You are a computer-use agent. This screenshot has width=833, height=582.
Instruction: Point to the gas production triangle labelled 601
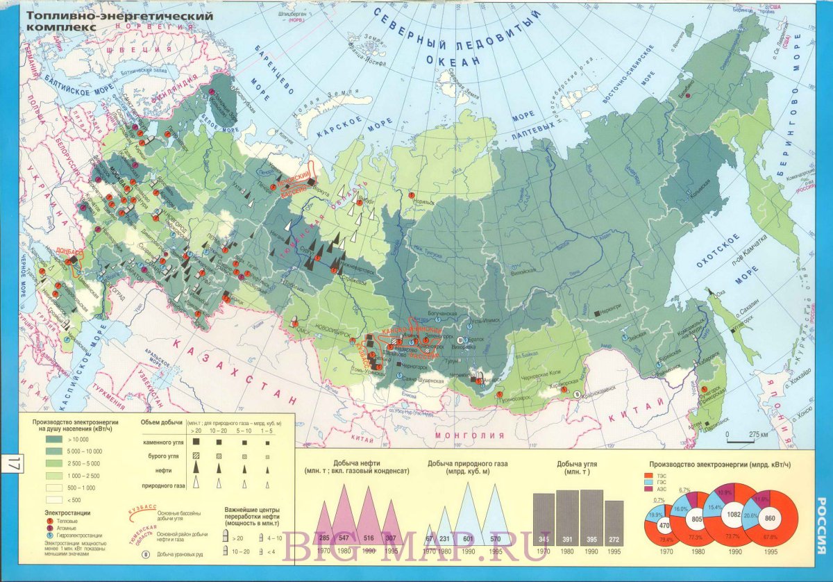point(469,538)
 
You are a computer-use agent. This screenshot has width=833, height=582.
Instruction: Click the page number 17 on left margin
point(14,464)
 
